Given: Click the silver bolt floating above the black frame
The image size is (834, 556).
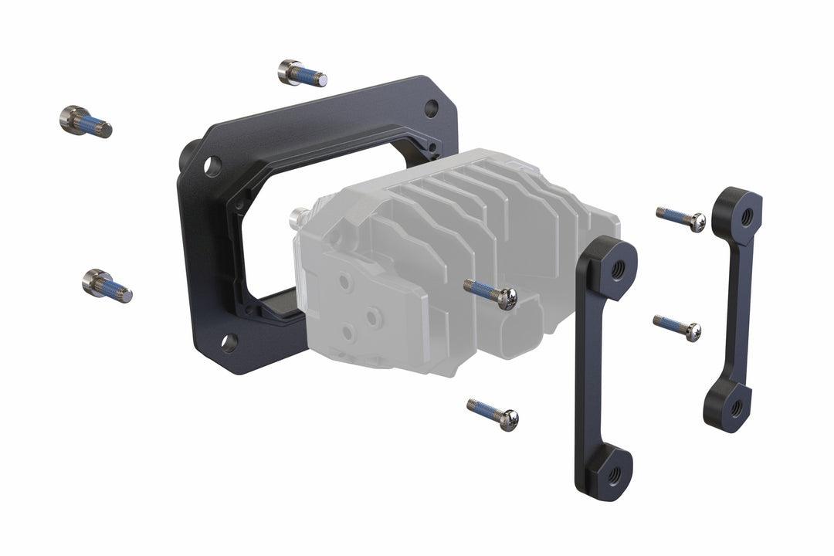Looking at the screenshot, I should [301, 73].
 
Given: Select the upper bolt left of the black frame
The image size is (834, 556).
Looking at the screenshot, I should [85, 122].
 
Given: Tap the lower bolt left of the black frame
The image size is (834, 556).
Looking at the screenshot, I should [107, 285].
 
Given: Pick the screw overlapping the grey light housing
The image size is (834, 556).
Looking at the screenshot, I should [491, 294].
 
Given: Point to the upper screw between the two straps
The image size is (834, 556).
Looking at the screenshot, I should [681, 219].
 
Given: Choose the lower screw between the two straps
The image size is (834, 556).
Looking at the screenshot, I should [677, 327].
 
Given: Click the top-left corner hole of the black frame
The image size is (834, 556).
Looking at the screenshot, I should [212, 165].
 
